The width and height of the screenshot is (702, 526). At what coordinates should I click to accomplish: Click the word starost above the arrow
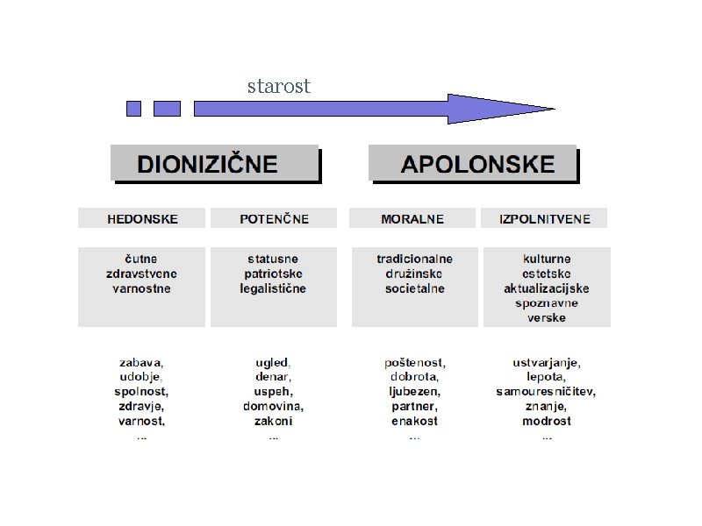pyautogui.click(x=278, y=86)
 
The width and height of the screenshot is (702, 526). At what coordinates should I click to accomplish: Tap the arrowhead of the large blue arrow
pyautogui.click(x=500, y=109)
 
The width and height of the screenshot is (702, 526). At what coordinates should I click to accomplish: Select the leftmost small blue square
pyautogui.click(x=133, y=109)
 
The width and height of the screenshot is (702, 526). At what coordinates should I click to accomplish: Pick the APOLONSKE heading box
pyautogui.click(x=473, y=164)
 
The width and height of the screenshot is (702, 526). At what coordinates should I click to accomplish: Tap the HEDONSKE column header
pyautogui.click(x=141, y=218)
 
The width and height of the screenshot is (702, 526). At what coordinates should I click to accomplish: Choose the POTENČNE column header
pyautogui.click(x=274, y=218)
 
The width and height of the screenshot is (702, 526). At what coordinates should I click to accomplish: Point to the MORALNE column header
pyautogui.click(x=412, y=218)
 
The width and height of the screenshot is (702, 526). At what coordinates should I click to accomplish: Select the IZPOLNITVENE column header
pyautogui.click(x=544, y=218)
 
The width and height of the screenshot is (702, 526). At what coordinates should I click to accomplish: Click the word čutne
pyautogui.click(x=141, y=259)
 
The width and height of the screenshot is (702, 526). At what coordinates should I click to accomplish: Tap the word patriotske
pyautogui.click(x=273, y=274)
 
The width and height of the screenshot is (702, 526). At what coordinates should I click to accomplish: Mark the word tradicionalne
pyautogui.click(x=414, y=259)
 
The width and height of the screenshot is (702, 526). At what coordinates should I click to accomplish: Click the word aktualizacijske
pyautogui.click(x=546, y=288)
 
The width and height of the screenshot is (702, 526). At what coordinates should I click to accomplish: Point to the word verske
pyautogui.click(x=546, y=317)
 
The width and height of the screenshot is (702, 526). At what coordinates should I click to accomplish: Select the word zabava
pyautogui.click(x=141, y=362)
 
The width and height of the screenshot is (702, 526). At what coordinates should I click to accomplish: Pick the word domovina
pyautogui.click(x=273, y=407)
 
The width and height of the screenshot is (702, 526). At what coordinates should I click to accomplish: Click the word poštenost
pyautogui.click(x=414, y=362)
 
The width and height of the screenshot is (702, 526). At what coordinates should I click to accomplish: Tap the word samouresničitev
pyautogui.click(x=546, y=392)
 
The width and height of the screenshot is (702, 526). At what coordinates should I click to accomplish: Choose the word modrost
pyautogui.click(x=546, y=421)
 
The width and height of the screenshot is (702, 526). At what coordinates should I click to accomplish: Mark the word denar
pyautogui.click(x=273, y=377)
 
